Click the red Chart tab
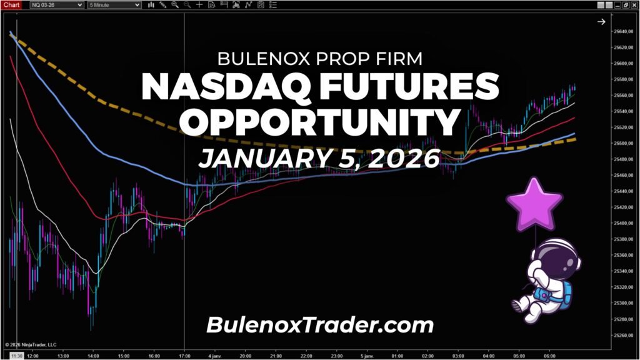click(12, 4)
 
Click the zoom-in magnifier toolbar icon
click(174, 4)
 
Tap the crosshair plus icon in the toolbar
click(199, 4)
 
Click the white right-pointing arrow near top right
click(601, 22)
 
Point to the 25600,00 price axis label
click(622, 64)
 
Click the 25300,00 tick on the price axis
click(622, 303)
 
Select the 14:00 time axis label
click(93, 356)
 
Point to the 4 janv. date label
click(215, 356)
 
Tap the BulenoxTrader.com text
click(319, 325)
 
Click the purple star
click(534, 204)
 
